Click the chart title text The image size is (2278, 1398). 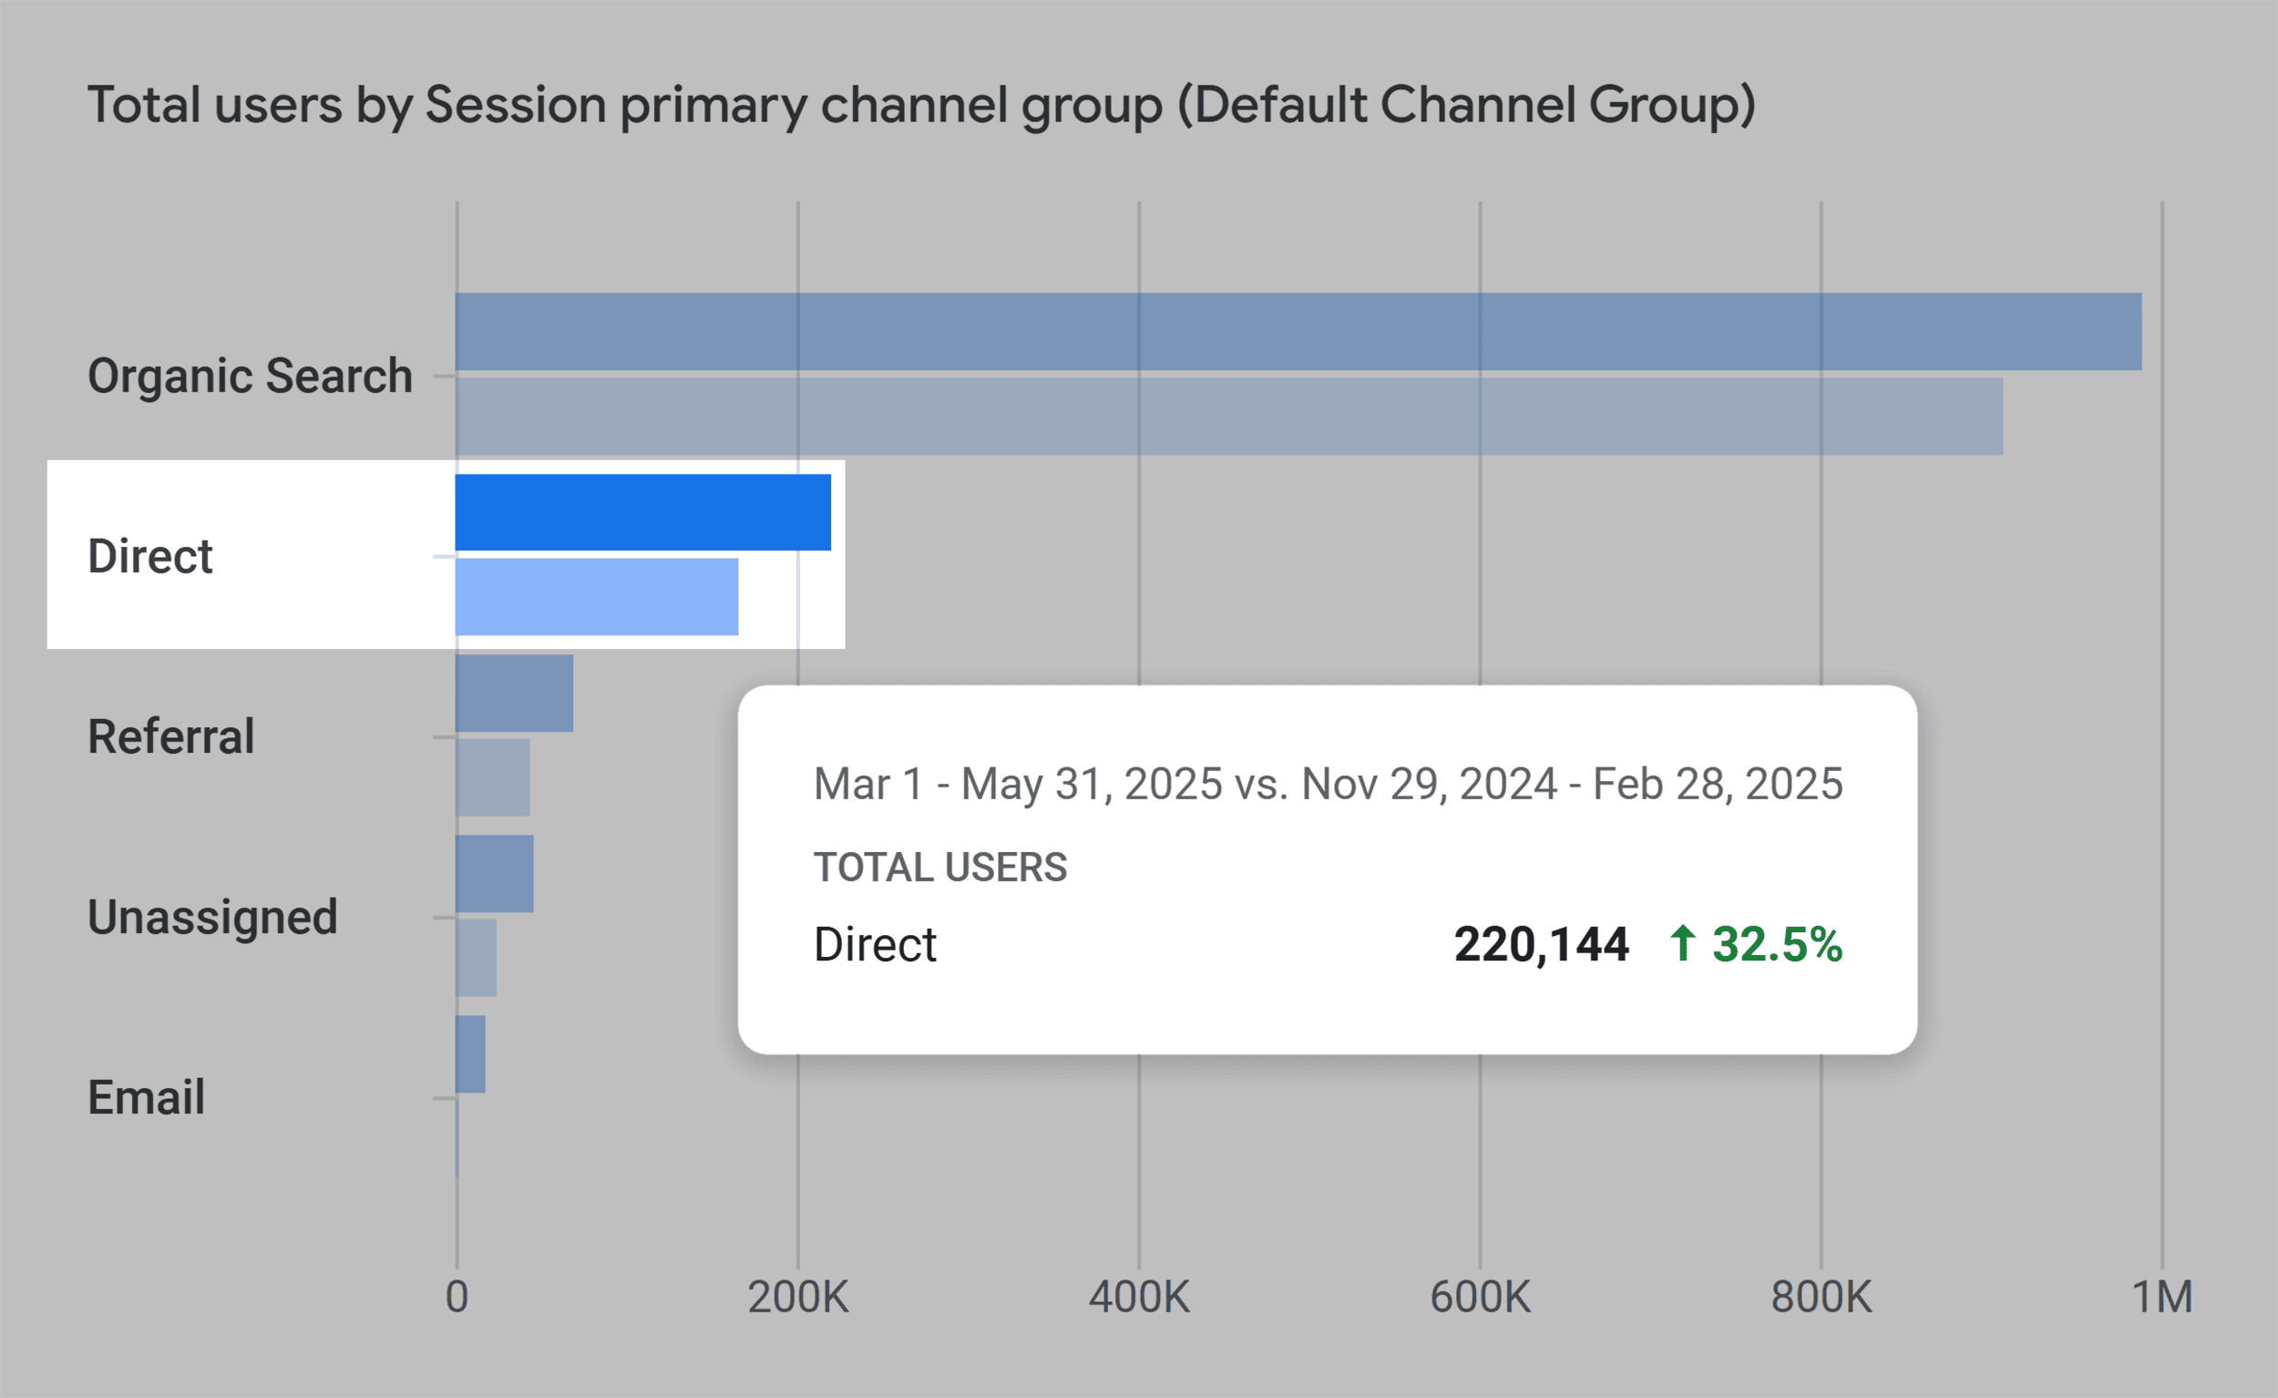coord(921,106)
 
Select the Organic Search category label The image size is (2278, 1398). coord(250,376)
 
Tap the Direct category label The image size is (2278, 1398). coord(149,557)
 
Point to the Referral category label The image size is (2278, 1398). coord(170,737)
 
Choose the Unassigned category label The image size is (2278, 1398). coord(212,917)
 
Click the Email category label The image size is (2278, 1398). coord(146,1097)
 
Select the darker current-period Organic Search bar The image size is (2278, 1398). coord(1298,332)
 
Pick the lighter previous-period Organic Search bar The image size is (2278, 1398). coord(1228,416)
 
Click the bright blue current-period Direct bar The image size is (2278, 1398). coord(642,512)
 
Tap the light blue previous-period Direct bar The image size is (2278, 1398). coord(596,596)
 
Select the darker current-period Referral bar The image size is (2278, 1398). coord(514,694)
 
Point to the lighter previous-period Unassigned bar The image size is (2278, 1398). coord(477,958)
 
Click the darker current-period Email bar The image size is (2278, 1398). coord(469,1054)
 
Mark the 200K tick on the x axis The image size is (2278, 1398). coord(798,1297)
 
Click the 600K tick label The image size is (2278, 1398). coord(1479,1297)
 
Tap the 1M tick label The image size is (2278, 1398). coord(2161,1297)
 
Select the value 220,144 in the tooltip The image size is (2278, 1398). coord(1541,945)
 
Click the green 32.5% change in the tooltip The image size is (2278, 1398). coord(1777,945)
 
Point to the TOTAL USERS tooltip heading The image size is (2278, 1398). coord(939,868)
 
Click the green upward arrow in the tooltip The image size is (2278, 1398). coord(1683,944)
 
